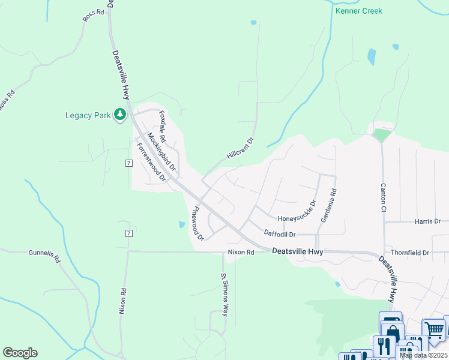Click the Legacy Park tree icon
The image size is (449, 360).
[x=120, y=114]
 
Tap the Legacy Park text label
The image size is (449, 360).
[x=88, y=115]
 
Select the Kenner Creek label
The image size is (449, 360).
[x=359, y=11]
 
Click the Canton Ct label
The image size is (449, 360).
[x=382, y=198]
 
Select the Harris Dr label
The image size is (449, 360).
[x=427, y=221]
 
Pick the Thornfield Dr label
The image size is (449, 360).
[x=410, y=253]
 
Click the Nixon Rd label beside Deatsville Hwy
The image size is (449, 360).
[x=241, y=253]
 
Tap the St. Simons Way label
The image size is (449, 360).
[x=225, y=295]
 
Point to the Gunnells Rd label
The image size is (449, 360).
[x=45, y=257]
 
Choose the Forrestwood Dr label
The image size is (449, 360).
[x=151, y=162]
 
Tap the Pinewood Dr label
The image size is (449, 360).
[x=197, y=223]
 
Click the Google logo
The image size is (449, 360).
[x=20, y=353]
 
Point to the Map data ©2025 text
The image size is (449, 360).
[x=423, y=355]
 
